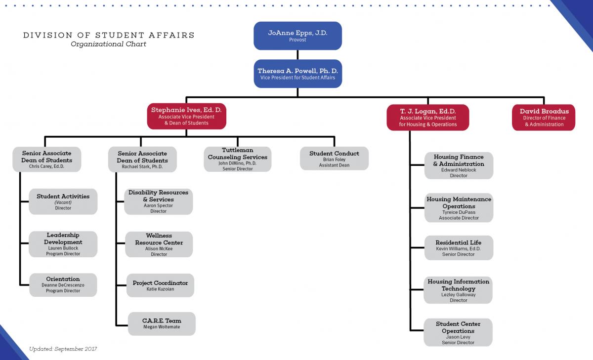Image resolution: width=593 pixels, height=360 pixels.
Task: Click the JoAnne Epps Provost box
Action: coord(297,36)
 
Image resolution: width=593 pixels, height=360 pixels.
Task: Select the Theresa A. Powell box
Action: coord(298,74)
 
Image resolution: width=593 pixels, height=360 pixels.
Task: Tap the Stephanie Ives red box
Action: coord(187,116)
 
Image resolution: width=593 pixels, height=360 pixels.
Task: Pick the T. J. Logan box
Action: coord(428,118)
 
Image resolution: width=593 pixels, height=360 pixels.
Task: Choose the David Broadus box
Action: coord(544,118)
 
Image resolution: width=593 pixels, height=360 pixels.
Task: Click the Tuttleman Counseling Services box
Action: coord(238,159)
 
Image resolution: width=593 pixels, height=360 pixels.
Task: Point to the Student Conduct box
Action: coord(334,159)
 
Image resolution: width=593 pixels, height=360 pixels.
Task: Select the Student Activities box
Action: coord(63,201)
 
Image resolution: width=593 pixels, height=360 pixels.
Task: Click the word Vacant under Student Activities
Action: coord(63,202)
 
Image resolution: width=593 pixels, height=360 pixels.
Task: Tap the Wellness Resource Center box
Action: coord(159,244)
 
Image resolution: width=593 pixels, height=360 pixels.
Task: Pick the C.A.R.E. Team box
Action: coord(162,324)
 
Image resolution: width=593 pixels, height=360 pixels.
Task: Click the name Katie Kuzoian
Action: coord(160,289)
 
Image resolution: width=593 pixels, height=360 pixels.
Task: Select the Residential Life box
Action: coord(459,248)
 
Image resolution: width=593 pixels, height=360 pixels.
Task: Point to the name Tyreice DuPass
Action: coord(459,212)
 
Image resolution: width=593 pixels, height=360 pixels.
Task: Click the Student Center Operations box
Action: coord(458,332)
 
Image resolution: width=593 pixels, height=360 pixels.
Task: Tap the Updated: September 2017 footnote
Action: coord(63,349)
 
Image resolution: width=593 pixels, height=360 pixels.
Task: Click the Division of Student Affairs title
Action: coord(109,35)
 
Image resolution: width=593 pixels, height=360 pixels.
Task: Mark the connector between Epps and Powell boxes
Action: coord(297,55)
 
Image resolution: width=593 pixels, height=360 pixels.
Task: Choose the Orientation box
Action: coord(63,285)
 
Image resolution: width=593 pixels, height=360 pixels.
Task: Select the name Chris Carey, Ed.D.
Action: coord(46,166)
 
